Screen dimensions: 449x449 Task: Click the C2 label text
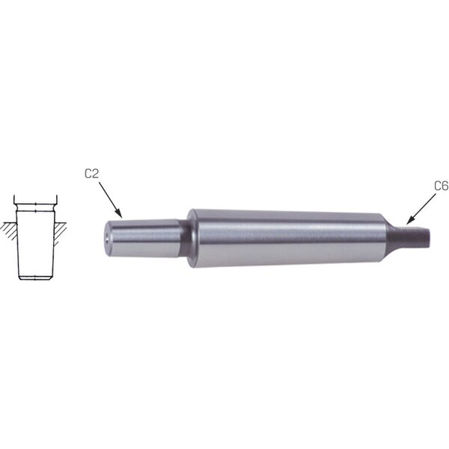point(91,174)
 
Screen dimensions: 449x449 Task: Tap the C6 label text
point(442,186)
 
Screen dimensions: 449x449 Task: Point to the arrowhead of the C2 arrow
point(119,213)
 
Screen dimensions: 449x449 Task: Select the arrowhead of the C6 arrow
point(410,220)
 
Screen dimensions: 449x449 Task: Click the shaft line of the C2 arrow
point(109,198)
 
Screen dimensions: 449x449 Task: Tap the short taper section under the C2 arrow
point(142,238)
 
